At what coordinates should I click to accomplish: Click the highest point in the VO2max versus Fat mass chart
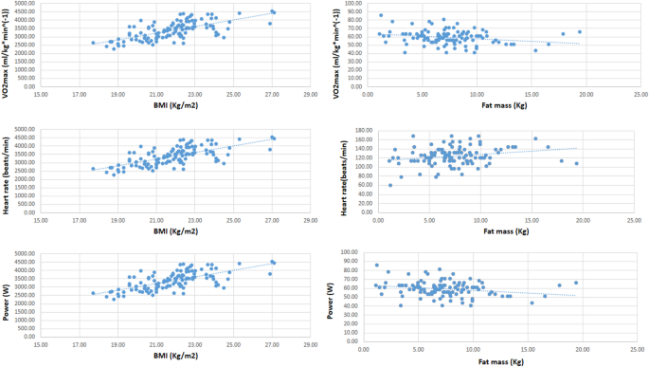[381, 15]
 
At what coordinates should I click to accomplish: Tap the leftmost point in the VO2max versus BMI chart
[93, 43]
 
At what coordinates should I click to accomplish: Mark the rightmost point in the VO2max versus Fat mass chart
[580, 31]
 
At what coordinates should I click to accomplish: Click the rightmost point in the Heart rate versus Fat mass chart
[576, 163]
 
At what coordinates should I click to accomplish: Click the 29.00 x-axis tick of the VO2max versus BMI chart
[310, 92]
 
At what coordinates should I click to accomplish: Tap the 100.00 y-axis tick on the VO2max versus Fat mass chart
[354, 4]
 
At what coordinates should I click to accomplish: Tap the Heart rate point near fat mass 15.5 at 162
[536, 138]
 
